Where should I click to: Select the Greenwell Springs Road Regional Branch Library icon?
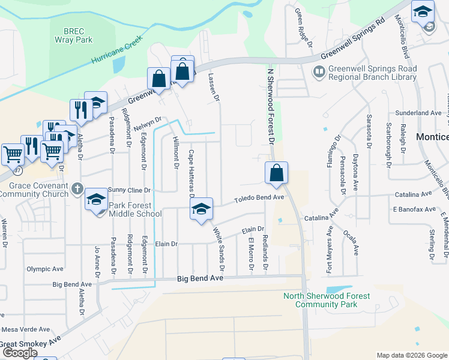(319, 73)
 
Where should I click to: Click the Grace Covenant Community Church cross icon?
(77, 190)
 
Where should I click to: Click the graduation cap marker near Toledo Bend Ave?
(201, 209)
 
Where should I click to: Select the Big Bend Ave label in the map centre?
(200, 279)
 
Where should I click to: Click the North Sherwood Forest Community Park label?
(327, 300)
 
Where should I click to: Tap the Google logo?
(20, 353)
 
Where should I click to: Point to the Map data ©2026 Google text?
(411, 355)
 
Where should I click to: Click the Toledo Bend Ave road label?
(258, 197)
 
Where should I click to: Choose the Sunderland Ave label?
(418, 113)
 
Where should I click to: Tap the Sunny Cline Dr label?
(129, 190)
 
